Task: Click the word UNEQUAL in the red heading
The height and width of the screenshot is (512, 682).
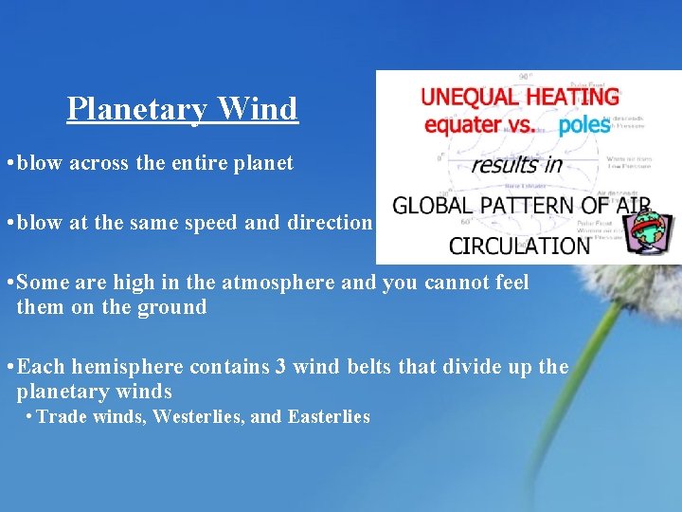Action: click(x=466, y=97)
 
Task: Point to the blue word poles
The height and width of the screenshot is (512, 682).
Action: click(x=584, y=125)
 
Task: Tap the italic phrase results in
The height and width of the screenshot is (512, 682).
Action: click(x=517, y=164)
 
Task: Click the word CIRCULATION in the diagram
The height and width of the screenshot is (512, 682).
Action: click(x=519, y=246)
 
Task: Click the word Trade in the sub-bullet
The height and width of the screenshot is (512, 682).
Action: click(x=60, y=416)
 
